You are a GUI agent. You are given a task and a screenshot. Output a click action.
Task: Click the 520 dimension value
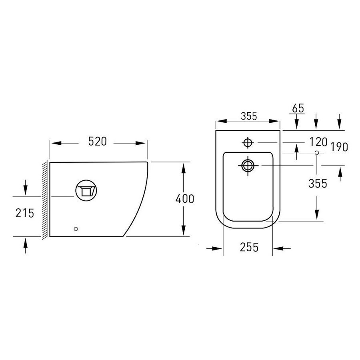click(x=98, y=142)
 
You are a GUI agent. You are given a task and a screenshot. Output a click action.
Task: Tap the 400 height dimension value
click(x=184, y=199)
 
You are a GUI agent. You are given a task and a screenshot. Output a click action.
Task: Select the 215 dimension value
click(x=25, y=213)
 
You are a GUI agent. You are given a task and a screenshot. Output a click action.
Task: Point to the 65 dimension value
click(x=298, y=108)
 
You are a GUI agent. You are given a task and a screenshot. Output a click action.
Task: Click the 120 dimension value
click(x=318, y=142)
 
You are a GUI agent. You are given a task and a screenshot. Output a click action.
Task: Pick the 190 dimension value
click(x=339, y=147)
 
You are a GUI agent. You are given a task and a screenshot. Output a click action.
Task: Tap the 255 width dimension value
click(x=249, y=247)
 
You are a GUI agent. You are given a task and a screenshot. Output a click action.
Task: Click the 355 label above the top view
click(x=249, y=116)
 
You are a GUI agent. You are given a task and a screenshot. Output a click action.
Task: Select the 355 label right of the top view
click(x=318, y=184)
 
